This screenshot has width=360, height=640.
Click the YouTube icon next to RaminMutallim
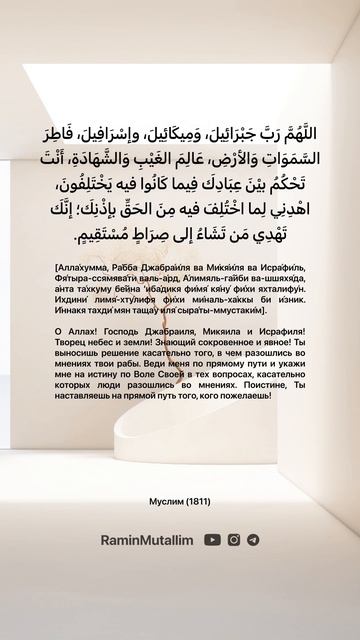[212, 539]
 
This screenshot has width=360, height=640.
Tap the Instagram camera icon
[234, 539]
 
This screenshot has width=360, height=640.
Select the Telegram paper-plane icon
[253, 539]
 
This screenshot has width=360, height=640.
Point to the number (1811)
[195, 498]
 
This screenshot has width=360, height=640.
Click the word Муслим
[163, 498]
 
